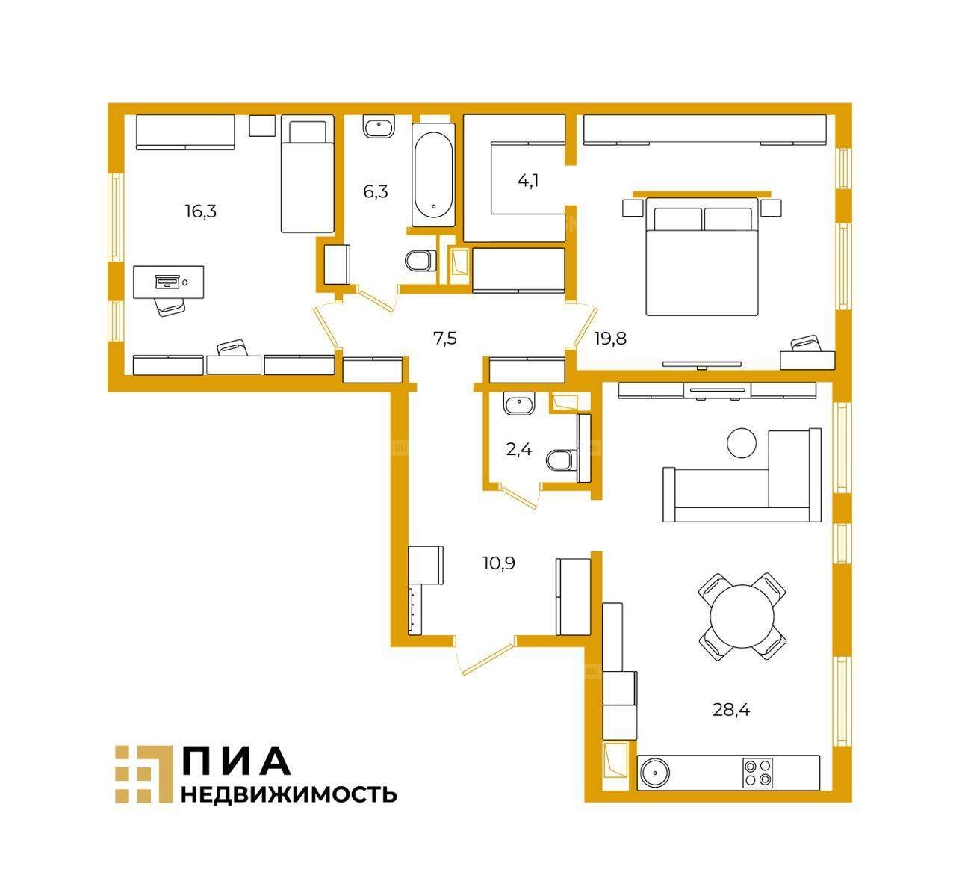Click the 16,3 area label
coord(201,211)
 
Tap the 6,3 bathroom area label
coord(376,192)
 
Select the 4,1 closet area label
coord(527,181)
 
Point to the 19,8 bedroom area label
coord(610,339)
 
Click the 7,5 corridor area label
coord(445,339)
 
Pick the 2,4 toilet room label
coord(519,449)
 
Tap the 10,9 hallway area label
coord(499,563)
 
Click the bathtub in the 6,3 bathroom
coord(433,174)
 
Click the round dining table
coord(742,617)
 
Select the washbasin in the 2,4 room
coord(519,403)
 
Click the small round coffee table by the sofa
coord(742,442)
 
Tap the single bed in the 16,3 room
coord(307,174)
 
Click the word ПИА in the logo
coord(236,768)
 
